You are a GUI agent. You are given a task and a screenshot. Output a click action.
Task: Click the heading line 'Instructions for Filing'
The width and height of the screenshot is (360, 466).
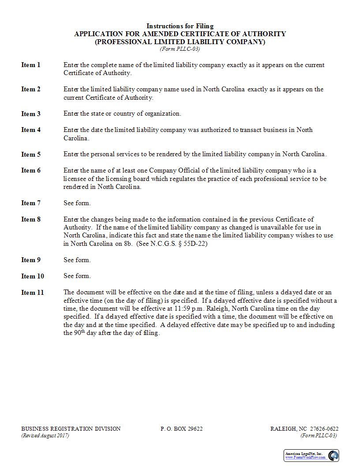[x=180, y=26]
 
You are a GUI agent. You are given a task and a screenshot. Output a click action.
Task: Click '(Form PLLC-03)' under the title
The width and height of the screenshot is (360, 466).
[x=180, y=49]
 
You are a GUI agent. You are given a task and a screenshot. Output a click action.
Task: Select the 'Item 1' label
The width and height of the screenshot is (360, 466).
[x=31, y=65]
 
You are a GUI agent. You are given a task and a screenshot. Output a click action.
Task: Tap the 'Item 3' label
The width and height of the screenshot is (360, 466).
[x=31, y=114]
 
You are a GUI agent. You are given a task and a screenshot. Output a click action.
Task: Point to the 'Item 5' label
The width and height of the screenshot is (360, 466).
[x=31, y=154]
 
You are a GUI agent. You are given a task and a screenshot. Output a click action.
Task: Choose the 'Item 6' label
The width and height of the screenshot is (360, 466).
[x=31, y=170]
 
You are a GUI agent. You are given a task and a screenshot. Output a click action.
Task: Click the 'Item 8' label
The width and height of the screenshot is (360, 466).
[x=31, y=219]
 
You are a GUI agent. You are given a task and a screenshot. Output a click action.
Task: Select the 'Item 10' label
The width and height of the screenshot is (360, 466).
[x=33, y=276]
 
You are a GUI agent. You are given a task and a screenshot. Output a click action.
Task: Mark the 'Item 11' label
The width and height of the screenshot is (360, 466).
[x=33, y=293]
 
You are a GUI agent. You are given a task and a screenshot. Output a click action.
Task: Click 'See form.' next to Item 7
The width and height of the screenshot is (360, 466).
[x=77, y=203]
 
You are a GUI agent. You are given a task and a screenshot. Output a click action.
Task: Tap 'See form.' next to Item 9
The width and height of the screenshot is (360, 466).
[x=77, y=260]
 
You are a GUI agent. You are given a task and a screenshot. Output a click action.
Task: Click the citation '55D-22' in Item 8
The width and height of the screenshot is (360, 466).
[x=197, y=244]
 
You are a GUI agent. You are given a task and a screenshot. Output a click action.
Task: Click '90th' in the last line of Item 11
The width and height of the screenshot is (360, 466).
[x=71, y=333]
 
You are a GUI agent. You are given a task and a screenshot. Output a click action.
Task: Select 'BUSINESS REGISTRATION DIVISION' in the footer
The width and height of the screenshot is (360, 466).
[x=71, y=429]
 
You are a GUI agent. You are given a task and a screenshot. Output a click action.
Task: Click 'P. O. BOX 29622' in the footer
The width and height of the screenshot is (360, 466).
[x=182, y=429]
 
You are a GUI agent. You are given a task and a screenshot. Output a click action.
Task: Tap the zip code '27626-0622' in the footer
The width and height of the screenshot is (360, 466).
[x=324, y=429]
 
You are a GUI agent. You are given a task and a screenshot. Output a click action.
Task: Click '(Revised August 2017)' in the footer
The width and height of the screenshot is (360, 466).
[x=45, y=436]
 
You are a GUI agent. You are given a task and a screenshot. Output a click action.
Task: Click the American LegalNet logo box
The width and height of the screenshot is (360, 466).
[x=311, y=455]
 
